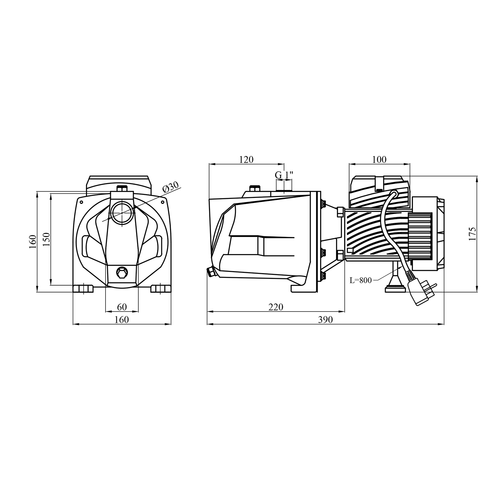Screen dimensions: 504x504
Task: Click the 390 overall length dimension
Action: [x=326, y=320]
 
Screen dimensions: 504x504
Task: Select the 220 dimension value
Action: [x=276, y=307]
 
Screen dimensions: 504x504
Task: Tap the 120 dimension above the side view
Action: [x=246, y=160]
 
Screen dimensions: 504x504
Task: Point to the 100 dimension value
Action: [x=380, y=160]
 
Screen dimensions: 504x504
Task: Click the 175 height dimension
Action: [x=472, y=234]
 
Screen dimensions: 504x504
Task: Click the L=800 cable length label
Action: [x=361, y=280]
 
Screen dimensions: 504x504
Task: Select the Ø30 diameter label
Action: [x=171, y=188]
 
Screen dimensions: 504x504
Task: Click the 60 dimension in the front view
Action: [x=122, y=307]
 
